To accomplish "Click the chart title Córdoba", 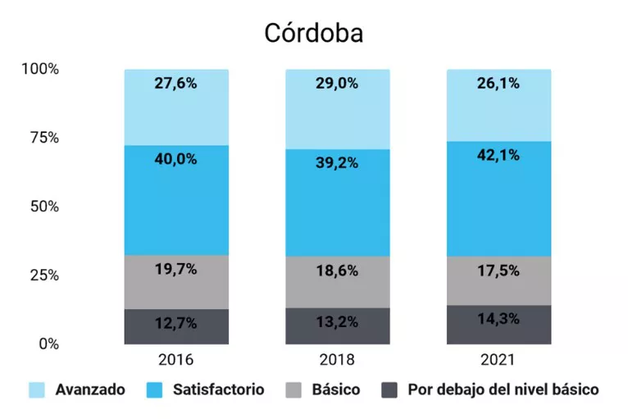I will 314,33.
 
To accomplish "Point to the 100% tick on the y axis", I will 40,69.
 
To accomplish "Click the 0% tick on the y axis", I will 48,344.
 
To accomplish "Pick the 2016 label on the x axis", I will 176,359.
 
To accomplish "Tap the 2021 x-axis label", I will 498,359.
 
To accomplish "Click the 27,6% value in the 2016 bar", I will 176,83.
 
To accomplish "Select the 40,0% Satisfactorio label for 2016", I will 176,159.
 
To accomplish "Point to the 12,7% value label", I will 176,323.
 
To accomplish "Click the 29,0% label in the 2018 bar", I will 337,83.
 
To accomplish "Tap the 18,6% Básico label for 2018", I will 337,271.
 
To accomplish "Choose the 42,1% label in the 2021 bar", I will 498,155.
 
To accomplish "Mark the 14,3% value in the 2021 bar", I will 498,319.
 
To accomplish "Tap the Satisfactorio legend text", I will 218,390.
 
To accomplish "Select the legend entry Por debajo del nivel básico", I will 503,390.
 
